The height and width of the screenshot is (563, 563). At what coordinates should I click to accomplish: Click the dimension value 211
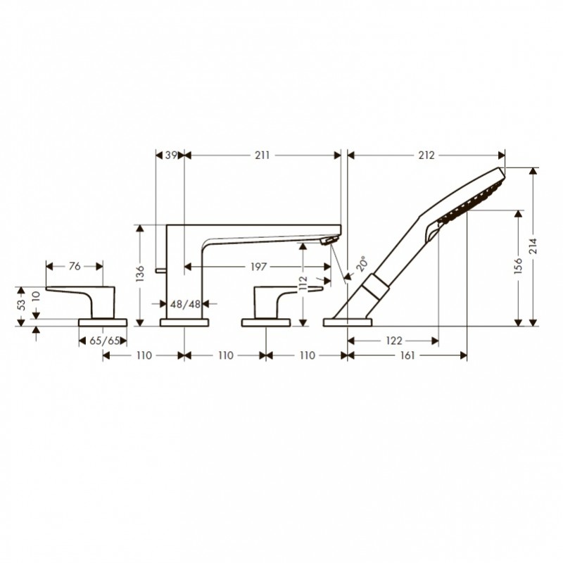pyautogui.click(x=262, y=155)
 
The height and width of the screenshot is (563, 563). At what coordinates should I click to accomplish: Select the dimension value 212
pyautogui.click(x=426, y=155)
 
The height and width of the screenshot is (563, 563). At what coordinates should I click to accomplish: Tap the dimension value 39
pyautogui.click(x=171, y=155)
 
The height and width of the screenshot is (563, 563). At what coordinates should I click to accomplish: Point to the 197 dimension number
pyautogui.click(x=258, y=267)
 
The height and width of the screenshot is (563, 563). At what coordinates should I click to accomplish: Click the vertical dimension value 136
pyautogui.click(x=140, y=273)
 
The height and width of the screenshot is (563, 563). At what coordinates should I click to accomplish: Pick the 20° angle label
pyautogui.click(x=362, y=263)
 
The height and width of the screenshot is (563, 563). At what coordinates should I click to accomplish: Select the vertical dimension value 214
pyautogui.click(x=533, y=246)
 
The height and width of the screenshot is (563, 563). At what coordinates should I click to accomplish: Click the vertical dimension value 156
pyautogui.click(x=518, y=266)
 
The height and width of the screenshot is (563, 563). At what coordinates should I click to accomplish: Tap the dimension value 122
pyautogui.click(x=394, y=341)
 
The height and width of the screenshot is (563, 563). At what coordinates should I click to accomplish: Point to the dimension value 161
pyautogui.click(x=407, y=355)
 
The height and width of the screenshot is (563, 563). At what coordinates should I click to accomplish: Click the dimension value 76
pyautogui.click(x=75, y=267)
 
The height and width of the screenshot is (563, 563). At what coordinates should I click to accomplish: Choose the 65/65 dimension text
pyautogui.click(x=104, y=341)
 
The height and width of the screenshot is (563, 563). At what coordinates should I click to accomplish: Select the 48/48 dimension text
pyautogui.click(x=185, y=304)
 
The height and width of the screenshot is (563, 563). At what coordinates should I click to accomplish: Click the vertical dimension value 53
pyautogui.click(x=22, y=305)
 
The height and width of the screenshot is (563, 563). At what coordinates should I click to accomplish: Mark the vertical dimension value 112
pyautogui.click(x=303, y=284)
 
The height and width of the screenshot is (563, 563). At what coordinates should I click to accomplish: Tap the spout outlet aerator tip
pyautogui.click(x=329, y=240)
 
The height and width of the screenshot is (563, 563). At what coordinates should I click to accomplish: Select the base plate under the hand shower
pyautogui.click(x=348, y=322)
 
